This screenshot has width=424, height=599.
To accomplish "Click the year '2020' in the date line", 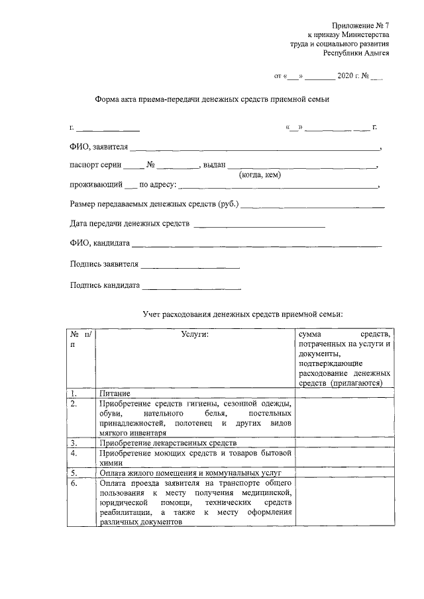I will point(346,77).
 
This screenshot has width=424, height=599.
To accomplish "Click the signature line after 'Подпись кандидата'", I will point(191,287).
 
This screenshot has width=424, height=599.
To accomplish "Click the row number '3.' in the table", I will point(74,443).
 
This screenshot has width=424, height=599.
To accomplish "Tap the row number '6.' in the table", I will point(74,483).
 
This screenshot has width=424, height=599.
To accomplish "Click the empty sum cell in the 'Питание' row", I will point(345,393).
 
